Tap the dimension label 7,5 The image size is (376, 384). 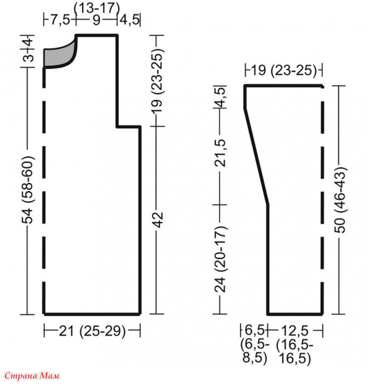coord(60,20)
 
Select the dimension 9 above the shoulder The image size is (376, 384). coord(96,20)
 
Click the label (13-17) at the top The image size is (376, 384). coord(97,8)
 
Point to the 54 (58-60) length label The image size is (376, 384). coord(27,190)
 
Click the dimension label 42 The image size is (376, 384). coord(158,220)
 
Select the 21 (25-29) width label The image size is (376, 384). coord(92,331)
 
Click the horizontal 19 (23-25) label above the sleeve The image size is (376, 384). coord(284,70)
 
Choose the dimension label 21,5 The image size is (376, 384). coord(220,153)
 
